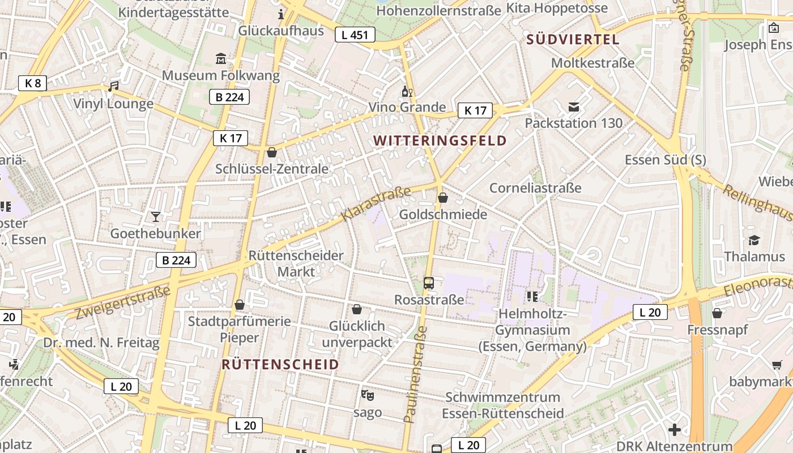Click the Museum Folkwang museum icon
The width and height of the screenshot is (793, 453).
221,58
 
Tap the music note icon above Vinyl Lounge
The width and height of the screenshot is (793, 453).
113,87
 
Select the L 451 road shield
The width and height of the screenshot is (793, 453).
355,35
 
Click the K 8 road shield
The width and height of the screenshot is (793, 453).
33,83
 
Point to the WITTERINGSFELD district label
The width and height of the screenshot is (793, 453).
440,140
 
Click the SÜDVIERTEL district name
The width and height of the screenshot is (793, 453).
573,40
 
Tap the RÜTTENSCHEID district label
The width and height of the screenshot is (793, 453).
280,364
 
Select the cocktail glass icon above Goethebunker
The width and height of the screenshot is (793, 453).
155,216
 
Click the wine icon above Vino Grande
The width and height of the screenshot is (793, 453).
407,91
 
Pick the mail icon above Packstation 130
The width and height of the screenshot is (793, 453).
574,106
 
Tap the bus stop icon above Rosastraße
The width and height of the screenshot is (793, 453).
429,283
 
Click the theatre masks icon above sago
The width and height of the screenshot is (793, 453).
368,395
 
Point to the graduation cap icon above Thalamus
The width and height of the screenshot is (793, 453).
754,240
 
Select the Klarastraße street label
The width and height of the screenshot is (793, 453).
376,204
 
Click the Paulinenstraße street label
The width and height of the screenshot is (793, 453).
415,374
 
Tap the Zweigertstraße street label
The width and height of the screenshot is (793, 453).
122,303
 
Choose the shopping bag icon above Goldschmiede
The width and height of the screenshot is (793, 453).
443,198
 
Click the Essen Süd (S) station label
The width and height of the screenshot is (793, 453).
666,160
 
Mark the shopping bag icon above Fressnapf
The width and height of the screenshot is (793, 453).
717,313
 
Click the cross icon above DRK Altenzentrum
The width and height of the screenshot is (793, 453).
674,430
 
